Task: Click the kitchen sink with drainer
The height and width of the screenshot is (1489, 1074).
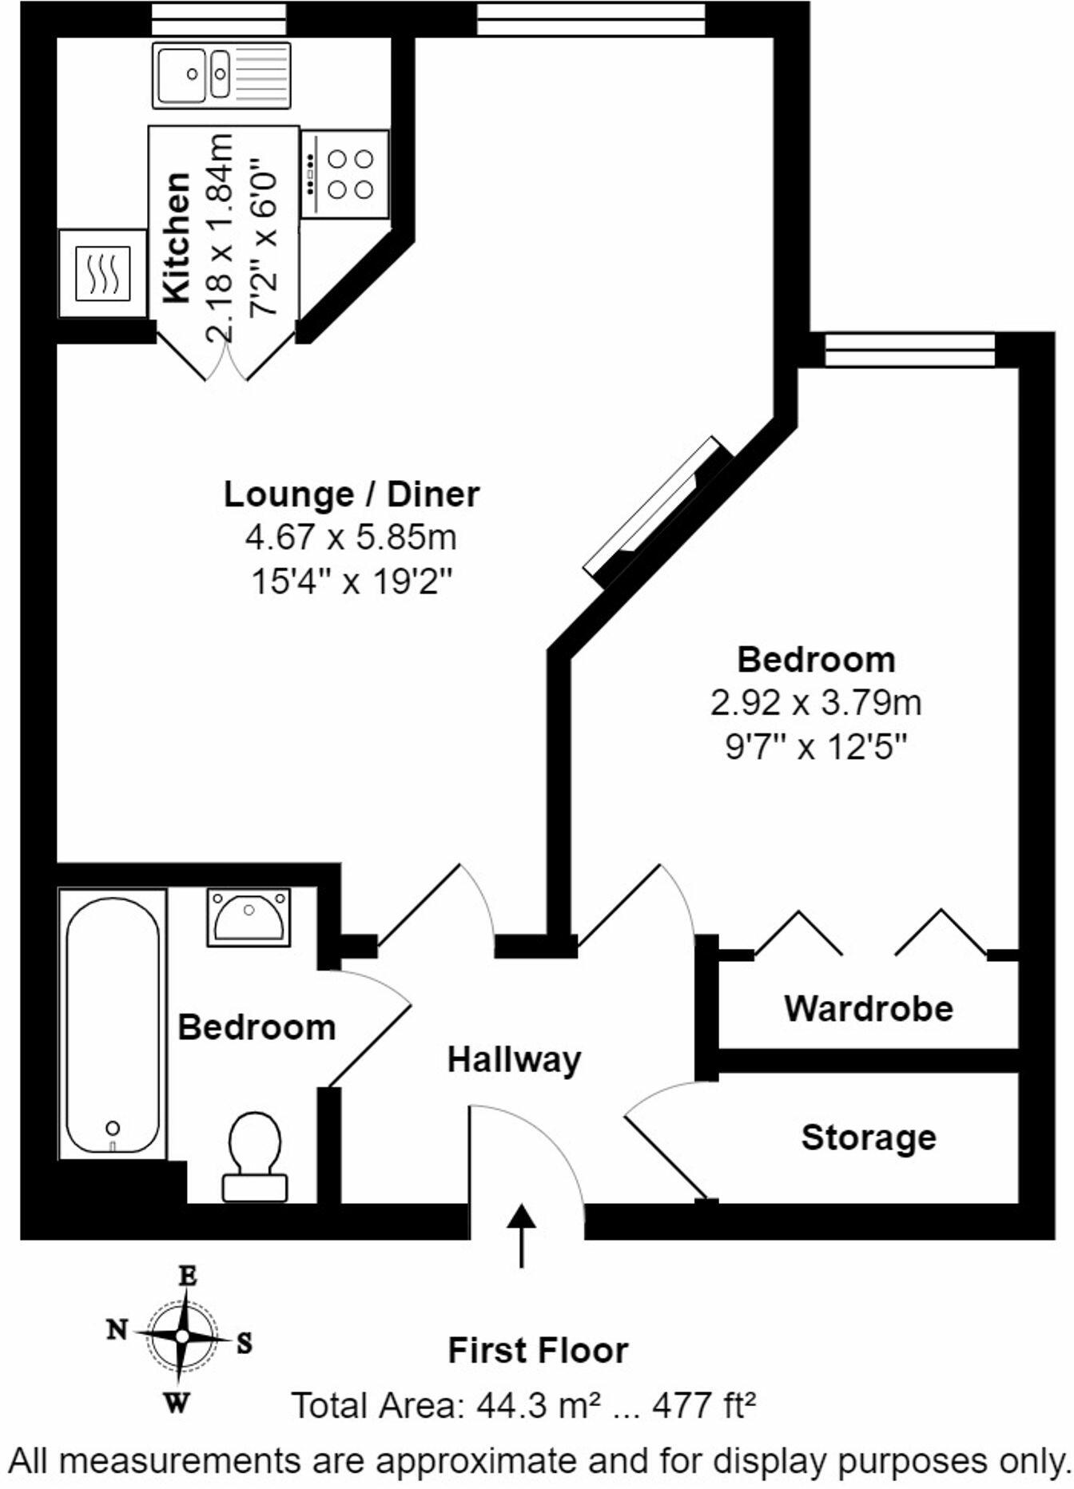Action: pyautogui.click(x=221, y=75)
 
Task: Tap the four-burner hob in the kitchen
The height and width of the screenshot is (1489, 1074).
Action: pyautogui.click(x=345, y=173)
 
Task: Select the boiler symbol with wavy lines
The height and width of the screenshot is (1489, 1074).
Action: pyautogui.click(x=102, y=273)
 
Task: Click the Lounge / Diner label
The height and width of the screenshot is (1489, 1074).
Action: pyautogui.click(x=352, y=494)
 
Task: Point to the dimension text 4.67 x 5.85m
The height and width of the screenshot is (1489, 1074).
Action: pyautogui.click(x=352, y=537)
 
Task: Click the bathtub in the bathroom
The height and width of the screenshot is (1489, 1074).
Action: pyautogui.click(x=113, y=1024)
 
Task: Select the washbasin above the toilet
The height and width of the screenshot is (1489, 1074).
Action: pyautogui.click(x=249, y=916)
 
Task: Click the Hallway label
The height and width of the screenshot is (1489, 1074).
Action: pyautogui.click(x=514, y=1060)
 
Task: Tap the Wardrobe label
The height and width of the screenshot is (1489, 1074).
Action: pyautogui.click(x=869, y=1008)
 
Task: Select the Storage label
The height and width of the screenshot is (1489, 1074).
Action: pyautogui.click(x=869, y=1138)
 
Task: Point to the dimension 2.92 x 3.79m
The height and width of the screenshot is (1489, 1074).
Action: pyautogui.click(x=816, y=704)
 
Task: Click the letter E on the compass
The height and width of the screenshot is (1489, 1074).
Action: pyautogui.click(x=187, y=1277)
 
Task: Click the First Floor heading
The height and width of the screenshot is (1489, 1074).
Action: pyautogui.click(x=538, y=1351)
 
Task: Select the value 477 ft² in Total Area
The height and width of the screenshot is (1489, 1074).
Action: pyautogui.click(x=704, y=1405)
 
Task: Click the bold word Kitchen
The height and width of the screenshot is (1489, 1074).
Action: pyautogui.click(x=177, y=238)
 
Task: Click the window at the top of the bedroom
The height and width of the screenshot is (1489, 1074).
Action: pyautogui.click(x=909, y=350)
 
